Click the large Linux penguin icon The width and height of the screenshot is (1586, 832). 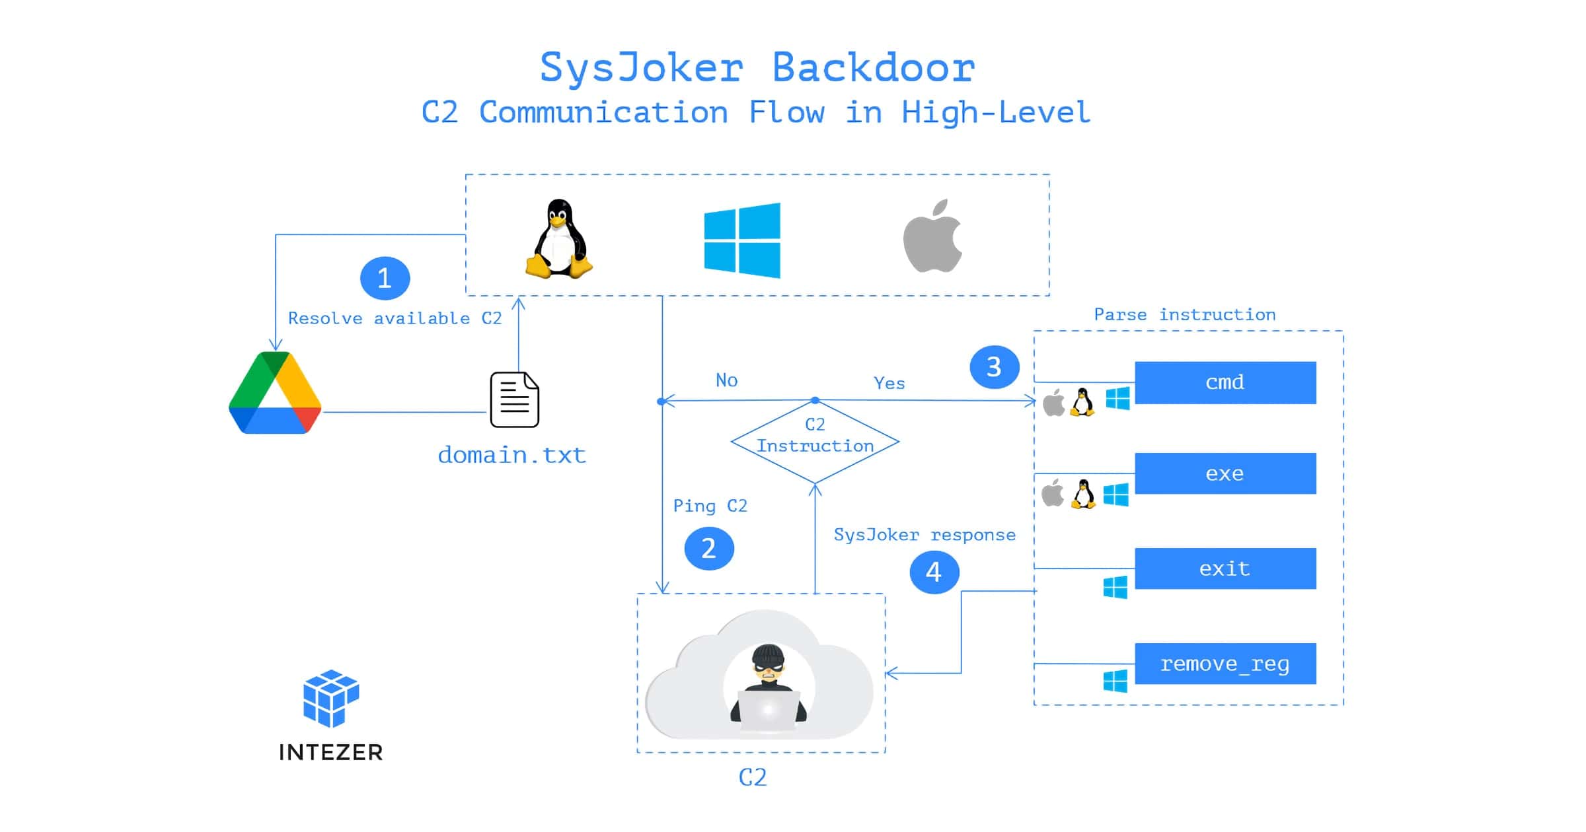(559, 238)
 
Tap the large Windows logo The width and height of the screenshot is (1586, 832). (742, 240)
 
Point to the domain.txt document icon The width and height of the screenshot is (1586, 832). (514, 399)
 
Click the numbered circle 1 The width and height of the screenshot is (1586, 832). (385, 278)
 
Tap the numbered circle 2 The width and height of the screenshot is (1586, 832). (708, 548)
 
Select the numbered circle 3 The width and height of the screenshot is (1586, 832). (994, 367)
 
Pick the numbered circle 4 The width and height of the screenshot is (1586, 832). (934, 572)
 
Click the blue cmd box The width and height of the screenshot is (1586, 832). (1225, 382)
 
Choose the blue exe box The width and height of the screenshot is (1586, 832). (1225, 473)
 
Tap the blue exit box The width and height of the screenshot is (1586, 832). (1225, 569)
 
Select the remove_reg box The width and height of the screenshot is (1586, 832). (1225, 664)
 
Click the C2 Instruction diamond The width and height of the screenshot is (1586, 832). (815, 441)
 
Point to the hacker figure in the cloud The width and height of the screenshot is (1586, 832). (768, 683)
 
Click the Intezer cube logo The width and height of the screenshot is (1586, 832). (330, 698)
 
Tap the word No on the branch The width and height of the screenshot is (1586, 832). (726, 380)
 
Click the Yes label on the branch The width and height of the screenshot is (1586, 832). (889, 383)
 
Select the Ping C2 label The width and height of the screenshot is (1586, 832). (710, 506)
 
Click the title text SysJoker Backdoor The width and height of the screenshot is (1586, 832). (757, 68)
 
